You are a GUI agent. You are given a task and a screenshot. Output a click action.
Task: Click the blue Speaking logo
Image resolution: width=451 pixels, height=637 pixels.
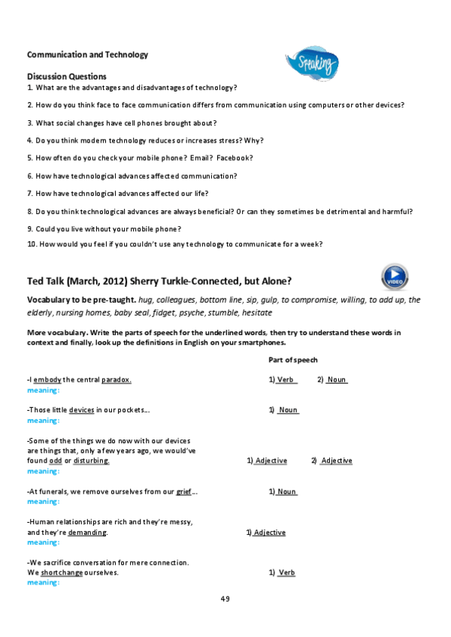click(x=312, y=65)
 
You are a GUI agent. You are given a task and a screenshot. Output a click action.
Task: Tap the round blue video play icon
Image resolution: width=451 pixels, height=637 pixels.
click(x=395, y=277)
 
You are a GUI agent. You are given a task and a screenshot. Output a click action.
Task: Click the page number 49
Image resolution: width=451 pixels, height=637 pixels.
click(x=225, y=599)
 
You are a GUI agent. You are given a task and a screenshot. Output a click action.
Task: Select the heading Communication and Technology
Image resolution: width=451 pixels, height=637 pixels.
click(x=87, y=55)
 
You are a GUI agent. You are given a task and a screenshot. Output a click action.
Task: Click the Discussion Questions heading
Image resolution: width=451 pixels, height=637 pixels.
click(x=67, y=77)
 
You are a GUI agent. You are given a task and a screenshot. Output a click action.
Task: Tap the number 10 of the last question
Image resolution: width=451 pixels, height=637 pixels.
click(x=32, y=243)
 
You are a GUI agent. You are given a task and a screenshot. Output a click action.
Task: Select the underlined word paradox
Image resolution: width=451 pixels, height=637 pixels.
click(x=117, y=380)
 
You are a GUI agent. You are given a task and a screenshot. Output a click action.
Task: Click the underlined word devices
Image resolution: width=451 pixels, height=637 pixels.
click(x=82, y=410)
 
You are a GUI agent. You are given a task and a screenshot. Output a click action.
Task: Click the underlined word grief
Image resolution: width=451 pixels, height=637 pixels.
click(x=184, y=492)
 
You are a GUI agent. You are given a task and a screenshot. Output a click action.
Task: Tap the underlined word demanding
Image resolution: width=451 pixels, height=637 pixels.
click(x=87, y=533)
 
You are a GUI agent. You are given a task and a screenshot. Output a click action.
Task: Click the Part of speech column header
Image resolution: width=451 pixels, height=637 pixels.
click(x=292, y=360)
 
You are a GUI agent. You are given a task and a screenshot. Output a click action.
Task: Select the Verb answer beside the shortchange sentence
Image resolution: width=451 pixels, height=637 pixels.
click(x=286, y=572)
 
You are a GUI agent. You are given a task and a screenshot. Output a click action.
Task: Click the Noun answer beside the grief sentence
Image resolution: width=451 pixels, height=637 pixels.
click(x=286, y=492)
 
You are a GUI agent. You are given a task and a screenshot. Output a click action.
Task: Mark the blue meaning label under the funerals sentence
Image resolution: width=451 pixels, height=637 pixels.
click(x=43, y=501)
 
